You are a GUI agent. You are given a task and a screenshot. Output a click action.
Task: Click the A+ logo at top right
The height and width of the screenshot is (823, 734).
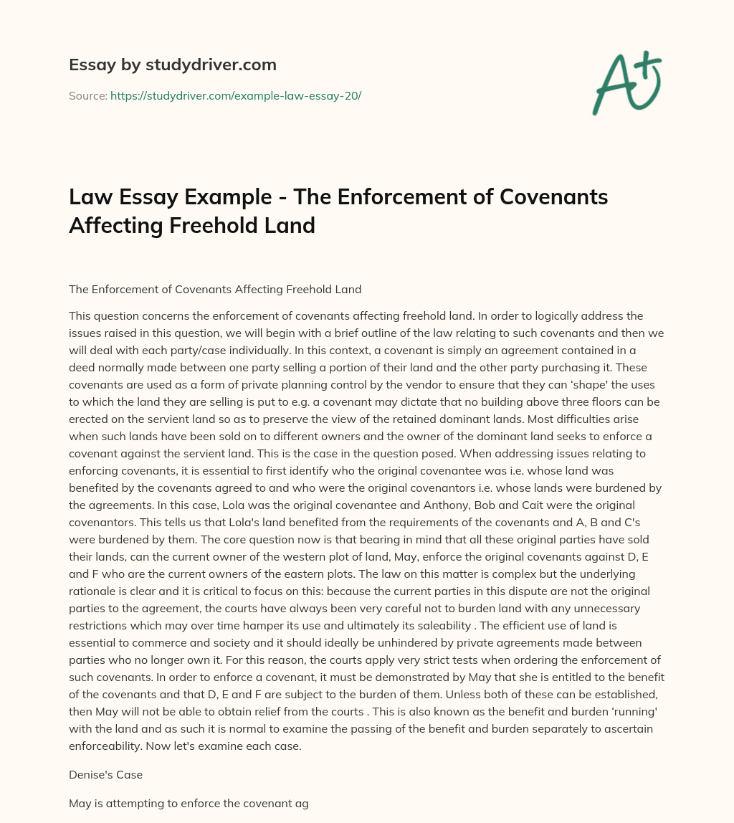[626, 82]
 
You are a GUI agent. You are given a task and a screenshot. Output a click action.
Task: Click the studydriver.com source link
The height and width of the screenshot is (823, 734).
[236, 95]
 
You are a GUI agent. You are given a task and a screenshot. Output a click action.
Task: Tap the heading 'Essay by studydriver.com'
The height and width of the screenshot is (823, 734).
[172, 65]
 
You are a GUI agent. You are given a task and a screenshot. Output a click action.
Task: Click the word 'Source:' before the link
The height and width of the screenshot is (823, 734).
[87, 95]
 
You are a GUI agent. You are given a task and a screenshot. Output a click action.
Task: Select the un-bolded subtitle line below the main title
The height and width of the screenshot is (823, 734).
[215, 290]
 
